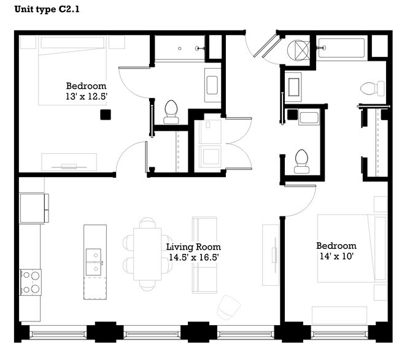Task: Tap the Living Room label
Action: pos(193,247)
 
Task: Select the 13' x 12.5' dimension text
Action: pos(86,97)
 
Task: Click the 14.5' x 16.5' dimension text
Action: pos(193,258)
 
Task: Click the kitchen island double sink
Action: pos(95,262)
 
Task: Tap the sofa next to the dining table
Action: pos(204,254)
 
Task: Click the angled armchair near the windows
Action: pos(228,307)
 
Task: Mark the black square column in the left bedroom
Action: pos(106,114)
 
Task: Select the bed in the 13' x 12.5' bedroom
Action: pos(72,69)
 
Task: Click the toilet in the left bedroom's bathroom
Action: pos(171,110)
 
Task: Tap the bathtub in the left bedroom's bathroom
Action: pos(179,48)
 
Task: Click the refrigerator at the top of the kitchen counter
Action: pos(33,208)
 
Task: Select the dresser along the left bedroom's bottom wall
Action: pos(69,162)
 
